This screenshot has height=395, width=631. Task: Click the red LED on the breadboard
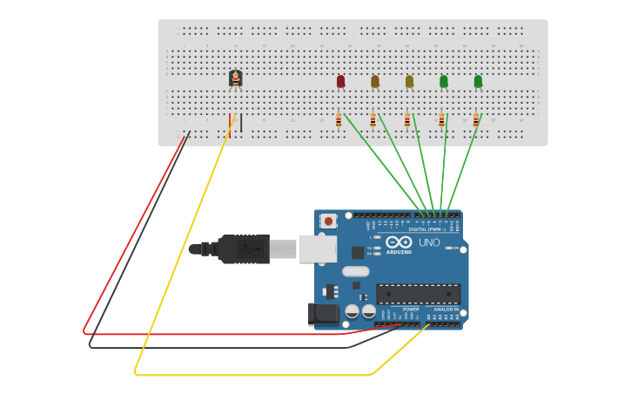tap(340, 81)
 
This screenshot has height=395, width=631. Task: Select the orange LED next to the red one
tap(375, 81)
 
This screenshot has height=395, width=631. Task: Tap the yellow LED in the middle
tap(409, 81)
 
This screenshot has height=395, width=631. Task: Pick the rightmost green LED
tap(478, 81)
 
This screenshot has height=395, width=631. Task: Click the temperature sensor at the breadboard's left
tap(235, 78)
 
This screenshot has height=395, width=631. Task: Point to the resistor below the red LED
tap(339, 120)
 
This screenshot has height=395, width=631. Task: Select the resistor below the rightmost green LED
tap(476, 120)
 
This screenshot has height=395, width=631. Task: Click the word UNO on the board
tap(429, 242)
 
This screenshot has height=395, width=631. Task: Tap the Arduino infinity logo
tap(399, 242)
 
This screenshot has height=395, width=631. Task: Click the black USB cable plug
tap(243, 249)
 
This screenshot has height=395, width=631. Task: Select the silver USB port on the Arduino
tap(317, 249)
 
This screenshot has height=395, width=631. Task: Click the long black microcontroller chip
tap(418, 294)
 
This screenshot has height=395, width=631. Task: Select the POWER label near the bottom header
tap(411, 309)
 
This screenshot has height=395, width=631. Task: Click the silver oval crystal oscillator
tap(355, 271)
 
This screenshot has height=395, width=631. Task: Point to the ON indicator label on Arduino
tap(455, 248)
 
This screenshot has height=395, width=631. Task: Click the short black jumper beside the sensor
tap(241, 123)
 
